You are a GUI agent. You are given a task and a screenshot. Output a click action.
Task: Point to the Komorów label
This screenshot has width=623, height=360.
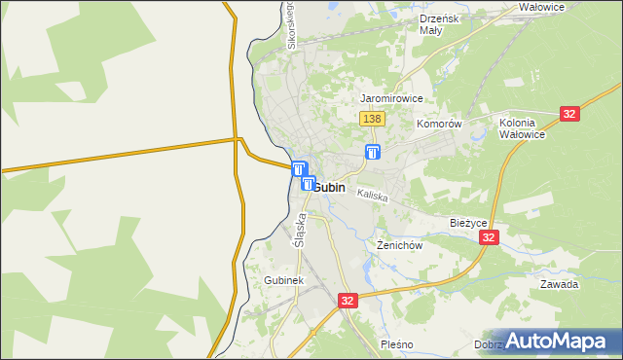click(438, 125)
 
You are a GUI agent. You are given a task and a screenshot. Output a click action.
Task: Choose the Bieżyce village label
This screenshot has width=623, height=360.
click(469, 222)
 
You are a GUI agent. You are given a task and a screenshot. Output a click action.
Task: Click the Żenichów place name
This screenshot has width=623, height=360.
click(399, 246)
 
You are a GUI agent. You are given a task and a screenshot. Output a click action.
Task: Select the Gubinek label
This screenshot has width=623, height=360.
click(284, 280)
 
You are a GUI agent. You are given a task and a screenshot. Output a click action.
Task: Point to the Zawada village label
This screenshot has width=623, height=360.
click(560, 285)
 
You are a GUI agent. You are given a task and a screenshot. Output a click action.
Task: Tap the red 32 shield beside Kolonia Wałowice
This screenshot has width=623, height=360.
click(570, 114)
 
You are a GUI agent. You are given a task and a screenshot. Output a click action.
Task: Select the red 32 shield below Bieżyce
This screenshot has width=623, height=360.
click(490, 237)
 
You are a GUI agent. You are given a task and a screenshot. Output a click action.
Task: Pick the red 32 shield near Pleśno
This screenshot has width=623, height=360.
click(348, 302)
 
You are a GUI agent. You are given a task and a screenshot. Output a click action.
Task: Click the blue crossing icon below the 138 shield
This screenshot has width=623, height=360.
click(373, 152)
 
